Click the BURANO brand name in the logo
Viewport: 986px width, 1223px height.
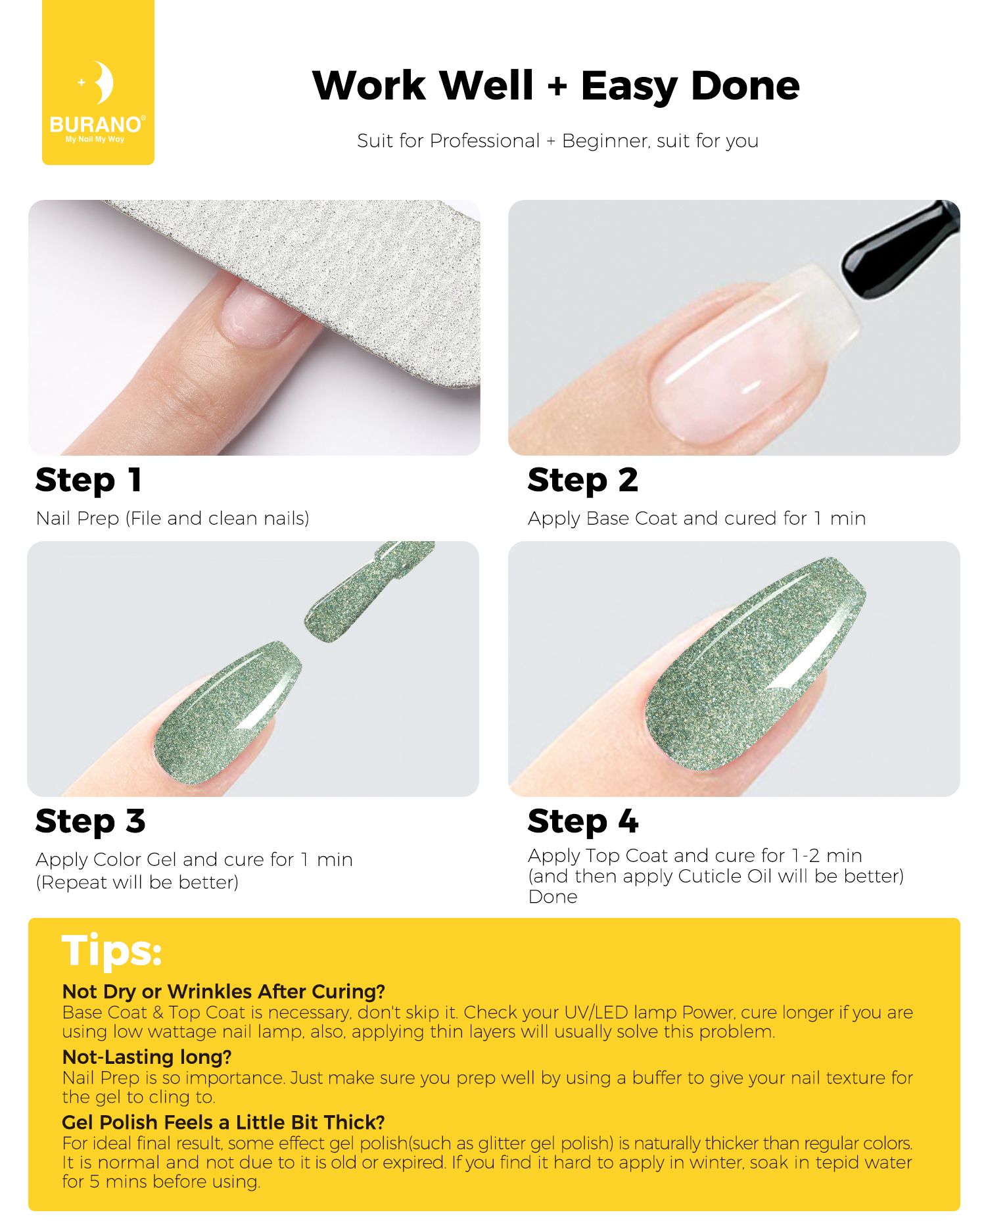[x=96, y=124]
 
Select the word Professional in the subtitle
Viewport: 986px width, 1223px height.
[x=484, y=141]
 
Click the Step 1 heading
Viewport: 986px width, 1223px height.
[x=89, y=480]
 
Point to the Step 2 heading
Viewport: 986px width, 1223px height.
[x=582, y=480]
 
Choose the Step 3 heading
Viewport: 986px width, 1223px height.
[x=90, y=821]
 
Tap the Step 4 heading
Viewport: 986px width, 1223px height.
[x=582, y=821]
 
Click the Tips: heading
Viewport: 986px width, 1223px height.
[x=112, y=951]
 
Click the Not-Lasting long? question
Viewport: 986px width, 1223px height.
[x=147, y=1057]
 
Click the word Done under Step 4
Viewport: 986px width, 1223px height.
[x=553, y=897]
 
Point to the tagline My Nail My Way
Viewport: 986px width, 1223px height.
[x=95, y=139]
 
